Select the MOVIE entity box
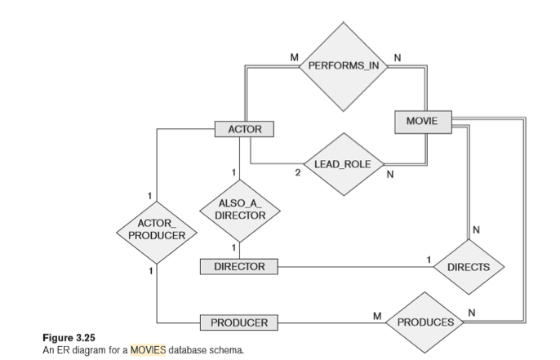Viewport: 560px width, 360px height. (421, 121)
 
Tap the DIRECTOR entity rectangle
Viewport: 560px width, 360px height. (238, 267)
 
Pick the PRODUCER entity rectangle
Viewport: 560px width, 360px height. (239, 322)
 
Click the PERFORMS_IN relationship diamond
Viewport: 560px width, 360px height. (343, 64)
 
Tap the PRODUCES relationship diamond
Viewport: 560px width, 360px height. (424, 322)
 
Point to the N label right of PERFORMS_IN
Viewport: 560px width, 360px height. (398, 57)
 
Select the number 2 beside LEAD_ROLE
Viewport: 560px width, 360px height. (298, 174)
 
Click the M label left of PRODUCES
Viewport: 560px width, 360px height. (376, 314)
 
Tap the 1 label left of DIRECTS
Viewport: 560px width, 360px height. (428, 259)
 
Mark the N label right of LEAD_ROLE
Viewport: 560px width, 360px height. (390, 174)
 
